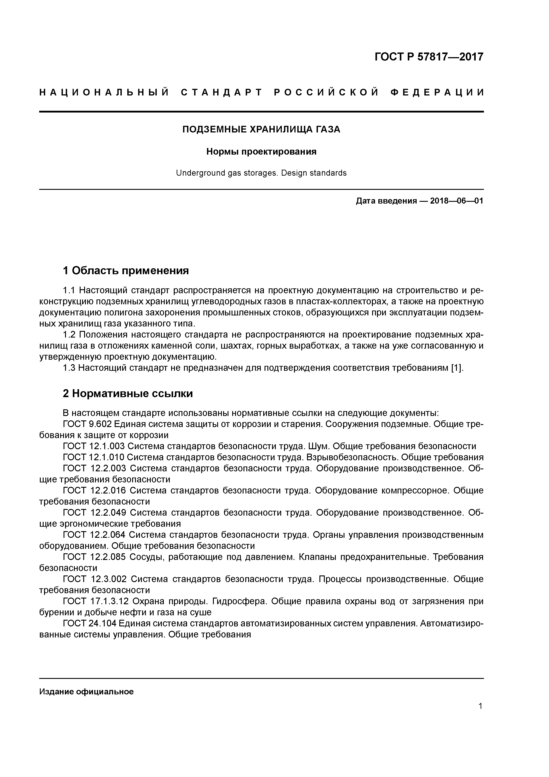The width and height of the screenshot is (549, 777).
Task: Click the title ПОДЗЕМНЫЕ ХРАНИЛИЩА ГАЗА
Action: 261,129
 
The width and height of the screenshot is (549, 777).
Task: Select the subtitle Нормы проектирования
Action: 261,152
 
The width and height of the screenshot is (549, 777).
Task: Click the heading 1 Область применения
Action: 126,270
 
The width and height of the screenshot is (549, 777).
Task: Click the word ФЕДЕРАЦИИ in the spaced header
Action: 437,92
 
